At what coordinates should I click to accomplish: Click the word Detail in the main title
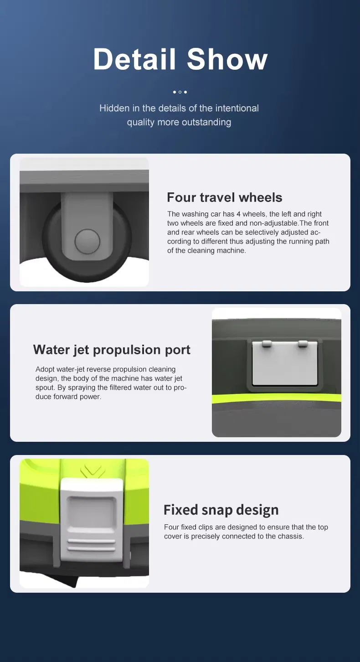tap(134, 59)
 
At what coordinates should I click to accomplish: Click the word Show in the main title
tap(227, 59)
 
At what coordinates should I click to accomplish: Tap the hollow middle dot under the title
tap(180, 92)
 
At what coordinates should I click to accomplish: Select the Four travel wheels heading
tap(225, 197)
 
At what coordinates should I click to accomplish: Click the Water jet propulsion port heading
tap(112, 350)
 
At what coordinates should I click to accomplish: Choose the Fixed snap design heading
tap(221, 510)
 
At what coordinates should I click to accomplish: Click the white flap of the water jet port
tap(285, 365)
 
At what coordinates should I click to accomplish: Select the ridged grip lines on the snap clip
tap(91, 545)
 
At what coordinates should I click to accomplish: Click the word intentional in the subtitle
tap(237, 108)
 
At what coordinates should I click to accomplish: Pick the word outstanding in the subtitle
tap(206, 122)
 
